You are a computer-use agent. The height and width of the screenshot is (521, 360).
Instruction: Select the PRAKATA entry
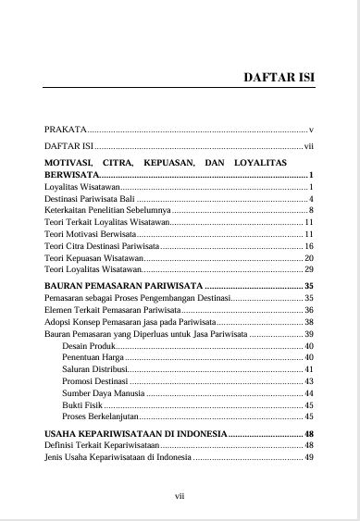click(64, 129)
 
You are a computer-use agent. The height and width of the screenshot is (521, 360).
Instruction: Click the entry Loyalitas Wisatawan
click(82, 187)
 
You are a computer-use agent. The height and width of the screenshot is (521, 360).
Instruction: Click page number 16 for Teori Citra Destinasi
click(310, 247)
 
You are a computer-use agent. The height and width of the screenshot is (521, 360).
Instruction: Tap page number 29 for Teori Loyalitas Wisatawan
click(310, 271)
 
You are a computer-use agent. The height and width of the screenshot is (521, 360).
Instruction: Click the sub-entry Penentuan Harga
click(93, 357)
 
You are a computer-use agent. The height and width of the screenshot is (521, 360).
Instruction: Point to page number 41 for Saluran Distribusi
click(310, 369)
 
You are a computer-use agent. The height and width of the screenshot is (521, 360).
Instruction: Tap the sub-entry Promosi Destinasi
click(95, 381)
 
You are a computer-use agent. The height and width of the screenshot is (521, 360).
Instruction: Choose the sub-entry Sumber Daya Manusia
click(103, 393)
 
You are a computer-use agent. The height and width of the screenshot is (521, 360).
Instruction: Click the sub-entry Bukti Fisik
click(82, 405)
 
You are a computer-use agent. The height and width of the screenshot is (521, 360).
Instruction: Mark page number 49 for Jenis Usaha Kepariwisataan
click(310, 456)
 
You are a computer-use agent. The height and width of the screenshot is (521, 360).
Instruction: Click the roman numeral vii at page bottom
click(180, 497)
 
